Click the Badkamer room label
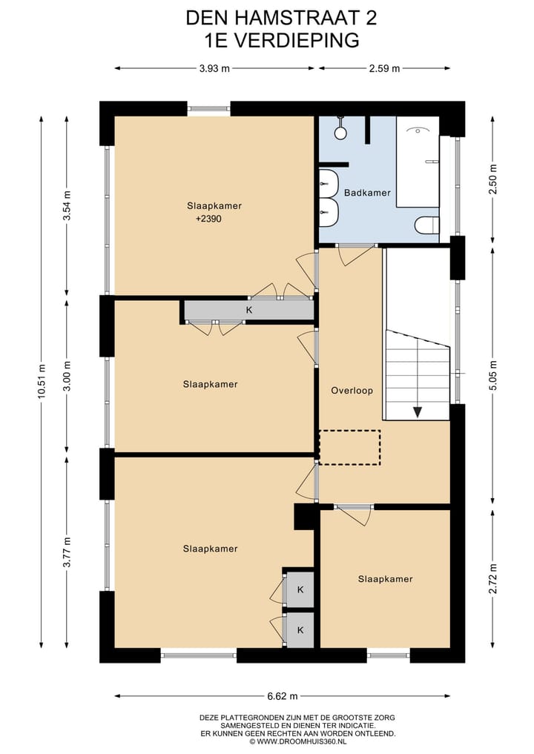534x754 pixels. [367, 193]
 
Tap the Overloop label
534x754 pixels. [352, 391]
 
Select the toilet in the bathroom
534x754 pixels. [426, 225]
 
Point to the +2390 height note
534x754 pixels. [209, 219]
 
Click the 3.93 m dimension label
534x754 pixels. [214, 68]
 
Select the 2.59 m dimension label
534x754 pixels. [384, 68]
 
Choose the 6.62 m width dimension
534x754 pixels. [283, 696]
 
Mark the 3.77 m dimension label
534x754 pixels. [67, 552]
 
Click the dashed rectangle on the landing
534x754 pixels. [350, 448]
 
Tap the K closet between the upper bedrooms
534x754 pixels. [249, 310]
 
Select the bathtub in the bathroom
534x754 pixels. [418, 162]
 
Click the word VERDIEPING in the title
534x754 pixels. [295, 40]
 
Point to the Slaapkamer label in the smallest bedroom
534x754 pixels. [386, 579]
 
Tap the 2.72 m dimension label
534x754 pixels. [492, 578]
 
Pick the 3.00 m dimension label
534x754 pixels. [67, 376]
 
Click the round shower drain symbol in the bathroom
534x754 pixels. [341, 133]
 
